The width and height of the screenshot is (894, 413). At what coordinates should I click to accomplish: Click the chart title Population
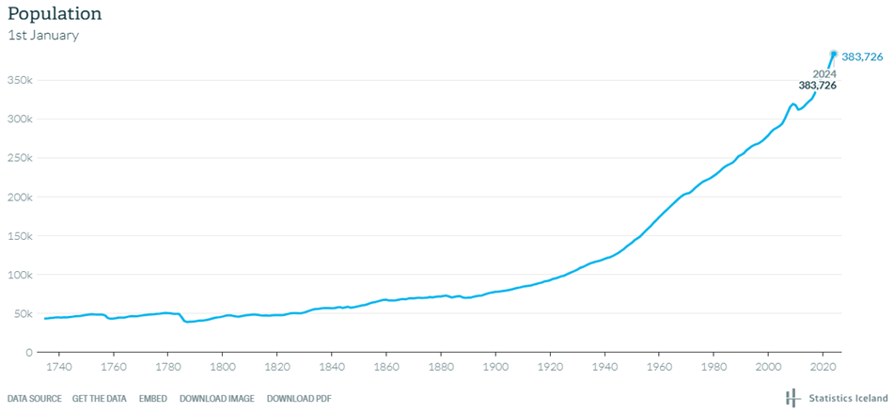55,14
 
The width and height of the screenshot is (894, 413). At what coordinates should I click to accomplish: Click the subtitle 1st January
43,36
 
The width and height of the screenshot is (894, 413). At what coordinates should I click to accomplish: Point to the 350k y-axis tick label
21,81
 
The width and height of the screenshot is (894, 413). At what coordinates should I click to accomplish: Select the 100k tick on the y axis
21,276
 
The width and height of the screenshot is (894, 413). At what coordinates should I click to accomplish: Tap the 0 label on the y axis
28,353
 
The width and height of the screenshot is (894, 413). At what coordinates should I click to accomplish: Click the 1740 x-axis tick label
59,367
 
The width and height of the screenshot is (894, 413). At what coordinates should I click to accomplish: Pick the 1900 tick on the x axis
495,367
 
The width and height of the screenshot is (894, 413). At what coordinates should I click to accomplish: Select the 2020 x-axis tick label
823,367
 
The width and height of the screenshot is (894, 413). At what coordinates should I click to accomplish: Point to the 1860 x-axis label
386,367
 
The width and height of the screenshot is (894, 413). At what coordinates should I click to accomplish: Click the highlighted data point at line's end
833,54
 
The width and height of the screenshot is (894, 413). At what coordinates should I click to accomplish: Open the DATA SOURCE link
35,398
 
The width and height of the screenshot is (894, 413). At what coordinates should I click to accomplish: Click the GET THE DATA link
99,398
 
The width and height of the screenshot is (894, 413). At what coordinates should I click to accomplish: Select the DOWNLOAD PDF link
299,398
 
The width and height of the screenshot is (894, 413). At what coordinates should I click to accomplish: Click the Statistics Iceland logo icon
792,397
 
